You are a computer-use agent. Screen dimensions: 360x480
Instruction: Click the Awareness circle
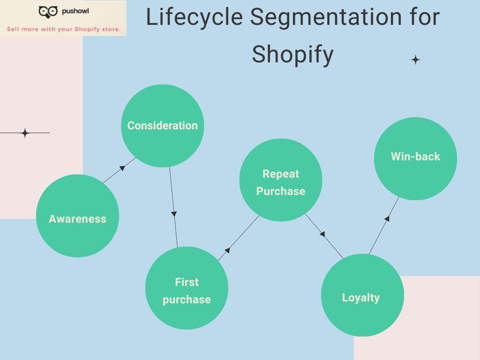tap(77, 216)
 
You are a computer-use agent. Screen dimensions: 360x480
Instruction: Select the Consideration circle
tap(163, 126)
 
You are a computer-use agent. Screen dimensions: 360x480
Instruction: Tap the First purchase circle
tap(187, 288)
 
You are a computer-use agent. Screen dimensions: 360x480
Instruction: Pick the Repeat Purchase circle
tap(281, 180)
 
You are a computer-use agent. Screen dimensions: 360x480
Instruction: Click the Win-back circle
tap(415, 158)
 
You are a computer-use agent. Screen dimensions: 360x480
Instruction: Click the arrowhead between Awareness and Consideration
tap(122, 168)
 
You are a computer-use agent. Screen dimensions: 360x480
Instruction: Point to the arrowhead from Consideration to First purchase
tap(174, 214)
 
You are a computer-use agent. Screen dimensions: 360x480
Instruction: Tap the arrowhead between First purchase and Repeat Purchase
tap(227, 251)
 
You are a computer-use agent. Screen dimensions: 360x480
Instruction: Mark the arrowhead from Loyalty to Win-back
tap(387, 218)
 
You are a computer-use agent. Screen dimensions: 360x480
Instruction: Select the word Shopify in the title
tap(292, 54)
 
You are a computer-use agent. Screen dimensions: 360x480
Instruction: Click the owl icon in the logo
tap(48, 12)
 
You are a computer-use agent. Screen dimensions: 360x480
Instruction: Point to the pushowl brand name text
tap(75, 11)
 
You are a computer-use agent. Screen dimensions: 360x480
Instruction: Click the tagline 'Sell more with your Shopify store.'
tap(63, 29)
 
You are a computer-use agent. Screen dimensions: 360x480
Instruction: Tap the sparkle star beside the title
tap(415, 60)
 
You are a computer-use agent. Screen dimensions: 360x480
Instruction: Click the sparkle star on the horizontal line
tap(25, 133)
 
